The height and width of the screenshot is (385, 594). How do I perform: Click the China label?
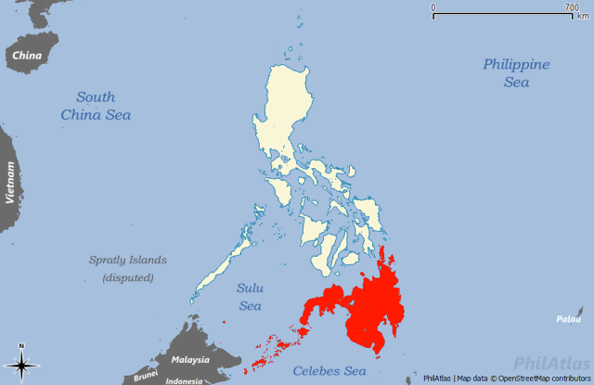point(27,56)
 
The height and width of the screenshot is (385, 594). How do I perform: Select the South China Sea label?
point(96,106)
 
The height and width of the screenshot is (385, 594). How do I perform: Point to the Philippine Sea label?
point(516,73)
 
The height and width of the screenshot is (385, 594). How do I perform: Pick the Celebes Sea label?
point(325,371)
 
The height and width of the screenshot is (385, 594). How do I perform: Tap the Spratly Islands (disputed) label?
point(128,269)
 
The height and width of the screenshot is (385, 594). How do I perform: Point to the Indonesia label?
point(184,380)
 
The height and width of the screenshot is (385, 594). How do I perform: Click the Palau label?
point(568,319)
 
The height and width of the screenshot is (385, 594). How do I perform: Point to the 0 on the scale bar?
point(433,7)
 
